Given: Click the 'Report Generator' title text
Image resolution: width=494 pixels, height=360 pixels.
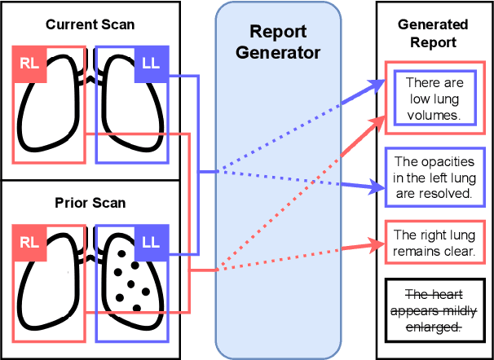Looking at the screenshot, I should (x=277, y=43).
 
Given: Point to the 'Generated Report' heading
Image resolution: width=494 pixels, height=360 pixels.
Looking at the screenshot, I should (x=433, y=33).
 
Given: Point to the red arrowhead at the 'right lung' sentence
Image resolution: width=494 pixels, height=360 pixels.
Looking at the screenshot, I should (x=377, y=242).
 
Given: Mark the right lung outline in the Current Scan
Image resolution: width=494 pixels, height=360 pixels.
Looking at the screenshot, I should (x=49, y=114).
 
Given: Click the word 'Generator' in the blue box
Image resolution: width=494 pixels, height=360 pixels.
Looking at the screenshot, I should (x=277, y=53).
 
